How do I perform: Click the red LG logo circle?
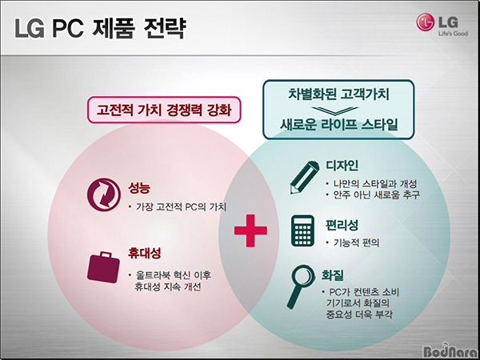point(426,22)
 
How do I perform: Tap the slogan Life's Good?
point(453,34)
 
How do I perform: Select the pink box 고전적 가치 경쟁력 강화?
point(164,110)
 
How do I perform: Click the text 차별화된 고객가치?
point(338,94)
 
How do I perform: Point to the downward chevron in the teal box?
point(335,110)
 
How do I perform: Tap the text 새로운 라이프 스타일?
point(338,124)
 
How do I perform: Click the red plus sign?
point(250,230)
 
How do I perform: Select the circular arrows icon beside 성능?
point(104,194)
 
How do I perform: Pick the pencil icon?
point(304,178)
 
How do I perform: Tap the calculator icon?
point(302,230)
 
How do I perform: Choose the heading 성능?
point(139,188)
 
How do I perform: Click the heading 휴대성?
point(144,253)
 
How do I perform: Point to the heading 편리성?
point(342,226)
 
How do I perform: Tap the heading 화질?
point(332,275)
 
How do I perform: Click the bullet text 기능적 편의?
point(356,242)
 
